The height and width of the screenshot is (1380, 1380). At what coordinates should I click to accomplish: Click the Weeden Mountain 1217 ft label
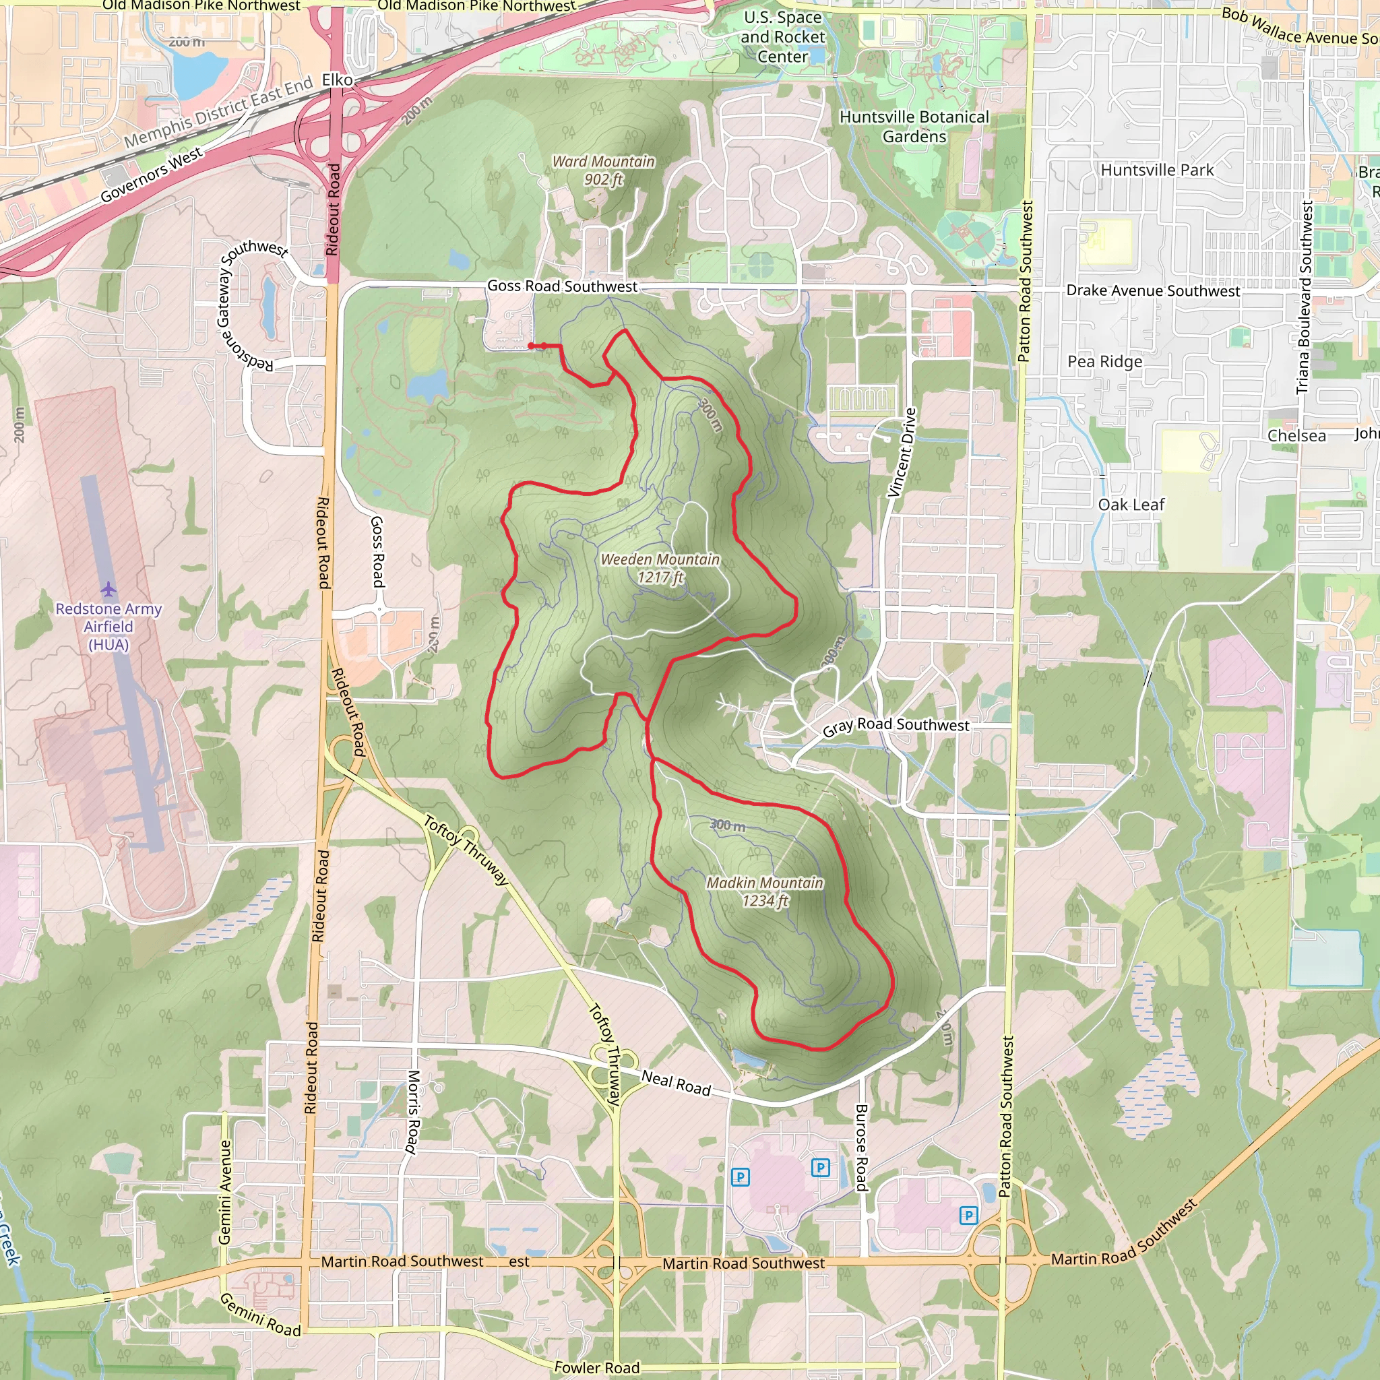click(660, 569)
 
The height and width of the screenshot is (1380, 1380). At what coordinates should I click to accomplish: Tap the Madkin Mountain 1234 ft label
click(764, 891)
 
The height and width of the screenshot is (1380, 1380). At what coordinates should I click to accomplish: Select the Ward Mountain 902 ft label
click(604, 170)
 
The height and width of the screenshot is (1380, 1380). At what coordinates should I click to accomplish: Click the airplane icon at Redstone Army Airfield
click(108, 590)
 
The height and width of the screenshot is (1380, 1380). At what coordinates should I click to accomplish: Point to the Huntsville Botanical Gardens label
click(914, 127)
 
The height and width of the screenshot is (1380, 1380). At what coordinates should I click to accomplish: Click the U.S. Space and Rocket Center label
click(782, 37)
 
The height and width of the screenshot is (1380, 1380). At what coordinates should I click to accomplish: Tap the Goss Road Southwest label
click(562, 286)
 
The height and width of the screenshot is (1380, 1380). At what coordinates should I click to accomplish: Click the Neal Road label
click(676, 1083)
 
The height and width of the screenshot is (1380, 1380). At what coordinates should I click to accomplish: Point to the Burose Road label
click(861, 1147)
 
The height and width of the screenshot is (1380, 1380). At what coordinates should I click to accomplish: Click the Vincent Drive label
click(902, 452)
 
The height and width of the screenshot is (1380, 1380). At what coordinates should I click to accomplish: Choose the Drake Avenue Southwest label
click(1153, 290)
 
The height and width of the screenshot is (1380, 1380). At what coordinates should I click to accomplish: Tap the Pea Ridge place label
click(1104, 361)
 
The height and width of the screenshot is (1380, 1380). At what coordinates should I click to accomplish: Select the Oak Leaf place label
click(1131, 505)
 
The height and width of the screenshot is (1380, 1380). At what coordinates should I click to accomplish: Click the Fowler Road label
click(596, 1367)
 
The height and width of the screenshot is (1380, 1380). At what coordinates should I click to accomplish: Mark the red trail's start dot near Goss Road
click(531, 346)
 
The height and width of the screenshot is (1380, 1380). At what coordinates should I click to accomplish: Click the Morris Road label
click(413, 1111)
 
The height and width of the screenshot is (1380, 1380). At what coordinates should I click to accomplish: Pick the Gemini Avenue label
click(225, 1191)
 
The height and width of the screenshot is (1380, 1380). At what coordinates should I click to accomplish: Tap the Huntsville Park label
click(1156, 170)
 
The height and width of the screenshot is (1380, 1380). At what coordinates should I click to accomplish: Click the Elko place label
click(337, 80)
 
